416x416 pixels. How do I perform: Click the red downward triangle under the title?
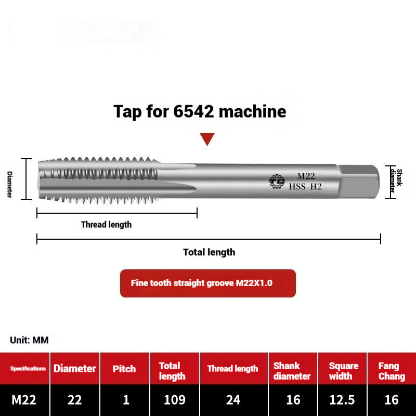[207, 138]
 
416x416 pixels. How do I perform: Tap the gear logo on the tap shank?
[277, 181]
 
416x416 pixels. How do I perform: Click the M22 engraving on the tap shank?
[306, 176]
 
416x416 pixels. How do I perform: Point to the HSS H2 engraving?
[306, 187]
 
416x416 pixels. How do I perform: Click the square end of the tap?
[359, 181]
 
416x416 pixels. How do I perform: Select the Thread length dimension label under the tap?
[106, 225]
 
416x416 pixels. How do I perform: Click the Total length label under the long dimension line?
[209, 252]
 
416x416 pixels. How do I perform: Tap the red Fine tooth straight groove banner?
[207, 283]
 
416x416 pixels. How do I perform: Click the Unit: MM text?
[29, 340]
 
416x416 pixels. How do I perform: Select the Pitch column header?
[125, 369]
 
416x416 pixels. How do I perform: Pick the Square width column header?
[343, 371]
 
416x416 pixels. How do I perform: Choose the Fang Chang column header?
[391, 371]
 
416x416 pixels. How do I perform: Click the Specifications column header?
[28, 369]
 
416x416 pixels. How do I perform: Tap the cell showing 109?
[174, 400]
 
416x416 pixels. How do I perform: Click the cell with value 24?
[233, 400]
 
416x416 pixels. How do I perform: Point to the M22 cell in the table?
[24, 400]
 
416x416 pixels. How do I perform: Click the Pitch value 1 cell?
[125, 400]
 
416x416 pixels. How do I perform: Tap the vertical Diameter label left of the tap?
[9, 184]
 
